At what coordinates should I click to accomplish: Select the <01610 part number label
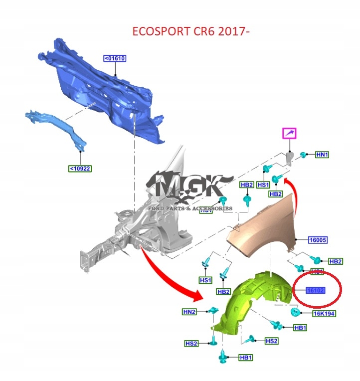coord(115,58)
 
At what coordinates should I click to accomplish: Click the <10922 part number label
coord(80,169)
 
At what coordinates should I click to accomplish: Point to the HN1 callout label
coord(323,155)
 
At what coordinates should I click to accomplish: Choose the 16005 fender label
coord(318,240)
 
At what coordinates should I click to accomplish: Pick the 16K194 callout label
coord(324,314)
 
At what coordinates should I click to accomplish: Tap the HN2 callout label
coord(189,312)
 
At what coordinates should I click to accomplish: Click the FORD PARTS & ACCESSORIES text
coord(189,208)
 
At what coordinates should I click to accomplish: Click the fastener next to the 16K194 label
coord(295,313)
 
